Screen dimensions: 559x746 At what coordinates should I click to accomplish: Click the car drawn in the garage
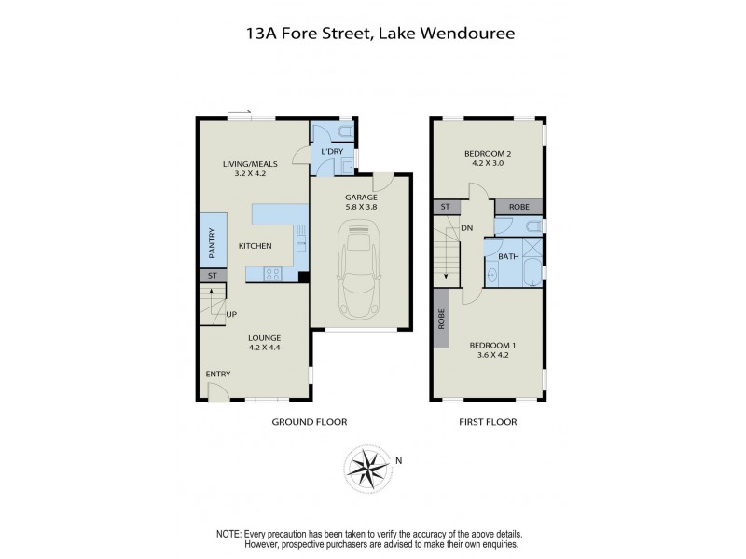pyautogui.click(x=359, y=274)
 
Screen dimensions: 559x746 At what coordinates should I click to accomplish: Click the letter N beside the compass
pyautogui.click(x=399, y=459)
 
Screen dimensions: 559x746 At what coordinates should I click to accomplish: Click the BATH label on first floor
pyautogui.click(x=509, y=255)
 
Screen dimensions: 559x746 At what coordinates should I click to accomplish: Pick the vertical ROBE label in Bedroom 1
pyautogui.click(x=441, y=320)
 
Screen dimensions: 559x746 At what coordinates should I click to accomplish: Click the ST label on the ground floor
pyautogui.click(x=212, y=276)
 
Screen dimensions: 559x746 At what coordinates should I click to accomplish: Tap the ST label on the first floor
pyautogui.click(x=445, y=207)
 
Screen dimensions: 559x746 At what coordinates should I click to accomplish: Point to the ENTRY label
pyautogui.click(x=218, y=375)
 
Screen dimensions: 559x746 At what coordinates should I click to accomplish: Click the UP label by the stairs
pyautogui.click(x=230, y=314)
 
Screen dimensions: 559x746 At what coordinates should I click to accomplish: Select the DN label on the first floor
pyautogui.click(x=466, y=228)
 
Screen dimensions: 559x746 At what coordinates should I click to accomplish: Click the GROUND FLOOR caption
pyautogui.click(x=309, y=422)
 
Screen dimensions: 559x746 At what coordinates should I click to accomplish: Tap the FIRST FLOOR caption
pyautogui.click(x=487, y=422)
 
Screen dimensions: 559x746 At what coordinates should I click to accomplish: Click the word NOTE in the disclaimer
pyautogui.click(x=228, y=533)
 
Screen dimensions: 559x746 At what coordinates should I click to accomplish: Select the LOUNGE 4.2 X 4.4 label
pyautogui.click(x=265, y=343)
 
